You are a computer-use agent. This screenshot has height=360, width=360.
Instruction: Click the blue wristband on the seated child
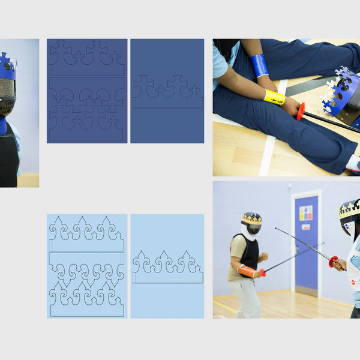pyautogui.click(x=260, y=65)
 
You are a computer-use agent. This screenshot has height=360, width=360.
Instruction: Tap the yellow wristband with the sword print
pyautogui.click(x=274, y=97)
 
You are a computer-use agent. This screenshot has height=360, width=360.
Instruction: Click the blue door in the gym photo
pyautogui.click(x=306, y=240)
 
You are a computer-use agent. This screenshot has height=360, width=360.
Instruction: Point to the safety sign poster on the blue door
pyautogui.click(x=306, y=212)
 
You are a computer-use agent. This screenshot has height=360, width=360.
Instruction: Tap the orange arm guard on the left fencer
pyautogui.click(x=247, y=271)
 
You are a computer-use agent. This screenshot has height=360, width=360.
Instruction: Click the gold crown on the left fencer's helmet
pyautogui.click(x=251, y=218)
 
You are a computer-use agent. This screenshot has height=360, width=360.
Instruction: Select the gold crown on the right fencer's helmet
pyautogui.click(x=349, y=209)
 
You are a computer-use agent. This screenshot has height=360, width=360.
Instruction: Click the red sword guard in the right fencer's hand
pyautogui.click(x=333, y=261)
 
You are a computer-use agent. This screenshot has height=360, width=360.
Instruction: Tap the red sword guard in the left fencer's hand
pyautogui.click(x=262, y=273)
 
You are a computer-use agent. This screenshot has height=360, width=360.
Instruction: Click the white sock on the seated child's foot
pyautogui.click(x=353, y=163)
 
